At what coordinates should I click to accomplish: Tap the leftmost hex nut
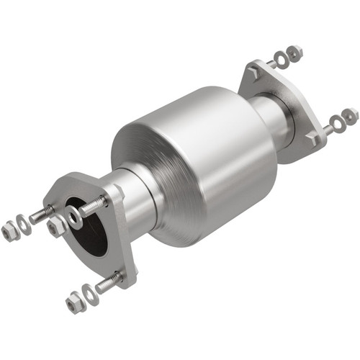[9, 232]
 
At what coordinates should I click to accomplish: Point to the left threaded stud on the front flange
[41, 215]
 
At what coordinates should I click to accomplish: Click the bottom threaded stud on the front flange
[108, 283]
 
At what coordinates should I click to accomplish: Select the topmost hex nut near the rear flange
[294, 53]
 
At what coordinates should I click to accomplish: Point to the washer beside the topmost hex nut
[282, 60]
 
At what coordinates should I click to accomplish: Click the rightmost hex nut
[351, 115]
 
